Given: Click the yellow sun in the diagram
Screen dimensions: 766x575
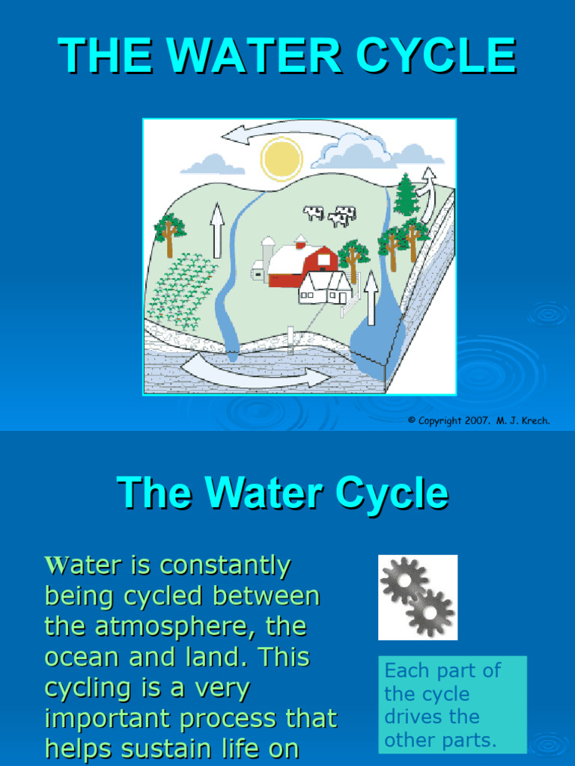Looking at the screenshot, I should pyautogui.click(x=282, y=159).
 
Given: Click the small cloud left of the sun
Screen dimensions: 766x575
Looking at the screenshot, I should pyautogui.click(x=213, y=165).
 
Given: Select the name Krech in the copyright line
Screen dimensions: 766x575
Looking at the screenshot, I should pyautogui.click(x=535, y=421).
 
